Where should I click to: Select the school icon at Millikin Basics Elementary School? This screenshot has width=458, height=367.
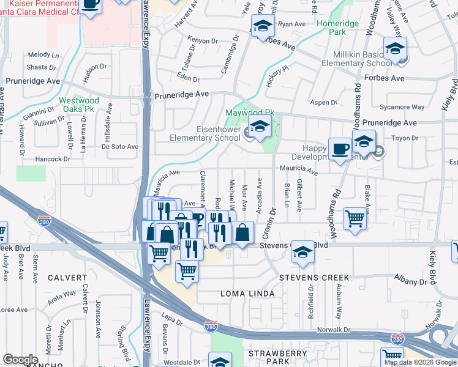tap(395, 48)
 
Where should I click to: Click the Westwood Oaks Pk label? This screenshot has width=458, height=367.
tap(79, 105)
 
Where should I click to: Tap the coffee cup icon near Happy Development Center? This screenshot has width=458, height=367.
tap(340, 149)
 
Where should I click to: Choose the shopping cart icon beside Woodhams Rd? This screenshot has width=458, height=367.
tap(355, 218)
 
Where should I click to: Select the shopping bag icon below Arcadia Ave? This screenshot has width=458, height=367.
tap(242, 232)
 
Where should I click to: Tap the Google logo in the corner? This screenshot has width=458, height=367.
tap(20, 360)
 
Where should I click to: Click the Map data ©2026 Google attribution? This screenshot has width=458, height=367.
tap(419, 362)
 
